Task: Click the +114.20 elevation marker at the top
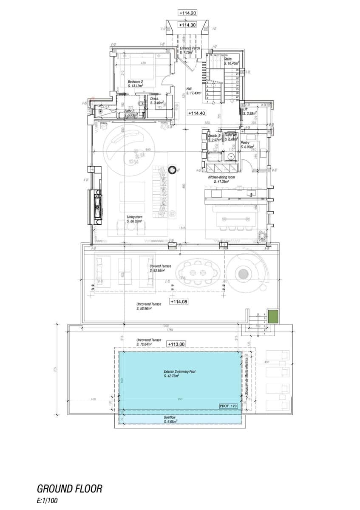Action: [187, 13]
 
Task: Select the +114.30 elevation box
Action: [187, 25]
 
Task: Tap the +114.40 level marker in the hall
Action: [196, 113]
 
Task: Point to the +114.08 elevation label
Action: [179, 301]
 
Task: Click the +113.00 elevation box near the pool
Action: [176, 344]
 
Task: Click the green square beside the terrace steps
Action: [273, 317]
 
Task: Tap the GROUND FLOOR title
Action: [70, 488]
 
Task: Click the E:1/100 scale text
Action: [48, 501]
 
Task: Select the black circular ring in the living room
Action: [173, 170]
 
